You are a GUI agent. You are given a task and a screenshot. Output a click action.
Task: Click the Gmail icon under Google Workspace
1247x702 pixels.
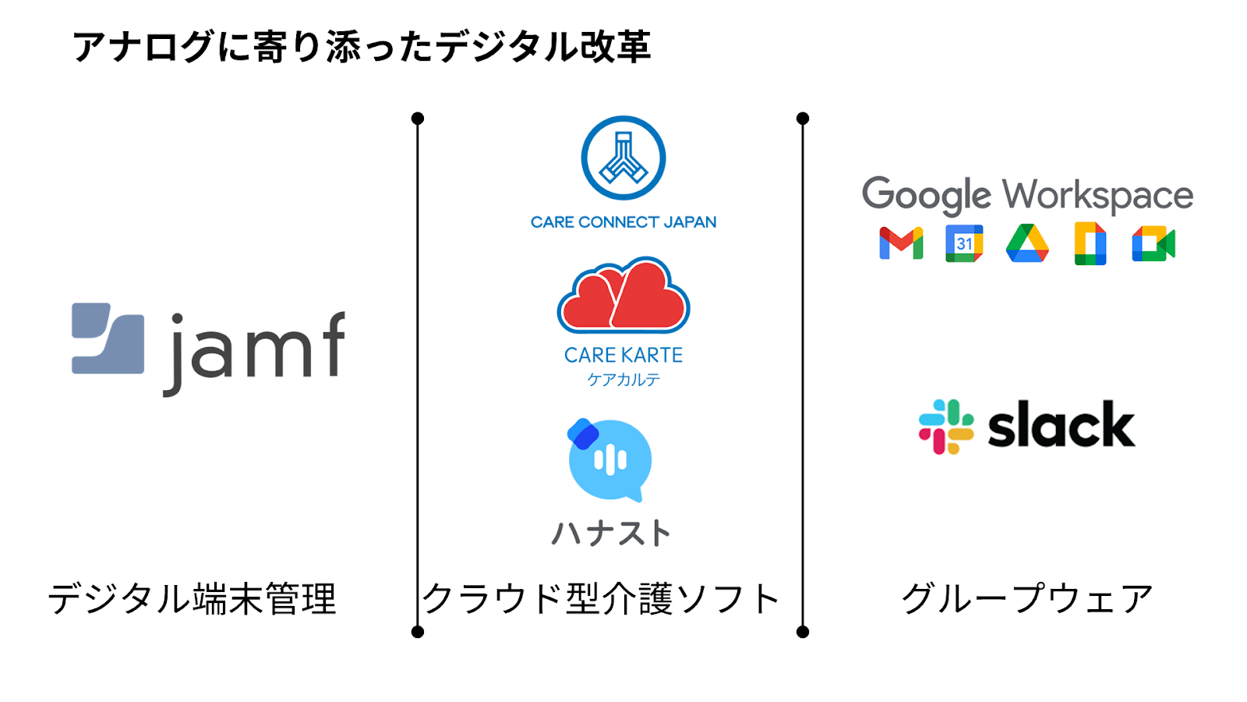tap(901, 243)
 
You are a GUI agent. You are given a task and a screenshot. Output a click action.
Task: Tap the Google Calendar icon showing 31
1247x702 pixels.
tap(964, 243)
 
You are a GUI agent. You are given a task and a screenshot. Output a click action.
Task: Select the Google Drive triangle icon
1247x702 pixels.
tap(1027, 243)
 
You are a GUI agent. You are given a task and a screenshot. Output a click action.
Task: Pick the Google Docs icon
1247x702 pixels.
tap(1090, 243)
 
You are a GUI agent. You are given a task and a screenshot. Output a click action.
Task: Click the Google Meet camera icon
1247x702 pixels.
tap(1153, 244)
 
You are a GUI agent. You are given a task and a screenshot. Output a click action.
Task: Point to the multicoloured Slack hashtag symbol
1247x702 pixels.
tap(946, 427)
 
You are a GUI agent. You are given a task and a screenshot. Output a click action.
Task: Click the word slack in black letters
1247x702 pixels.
tap(1061, 426)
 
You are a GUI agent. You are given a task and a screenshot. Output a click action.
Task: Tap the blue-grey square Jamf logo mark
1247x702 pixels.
tap(108, 339)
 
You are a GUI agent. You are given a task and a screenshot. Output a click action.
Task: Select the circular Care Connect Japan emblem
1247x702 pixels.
tap(623, 158)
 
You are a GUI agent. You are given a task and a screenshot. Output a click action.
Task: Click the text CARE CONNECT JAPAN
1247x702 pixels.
tap(623, 222)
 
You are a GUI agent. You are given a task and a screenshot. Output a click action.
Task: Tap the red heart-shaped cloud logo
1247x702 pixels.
tap(623, 296)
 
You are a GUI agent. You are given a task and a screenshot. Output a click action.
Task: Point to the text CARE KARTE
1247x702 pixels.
tap(623, 355)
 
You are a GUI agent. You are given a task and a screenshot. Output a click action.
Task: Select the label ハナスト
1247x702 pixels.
tap(610, 534)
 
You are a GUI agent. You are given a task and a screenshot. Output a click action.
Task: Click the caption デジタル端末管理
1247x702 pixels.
tap(192, 599)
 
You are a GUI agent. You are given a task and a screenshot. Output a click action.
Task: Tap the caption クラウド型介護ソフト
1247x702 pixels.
tap(601, 599)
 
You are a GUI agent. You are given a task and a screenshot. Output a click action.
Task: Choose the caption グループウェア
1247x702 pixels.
tap(1026, 599)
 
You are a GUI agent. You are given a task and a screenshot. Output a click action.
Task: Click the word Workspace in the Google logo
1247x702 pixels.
tap(1097, 195)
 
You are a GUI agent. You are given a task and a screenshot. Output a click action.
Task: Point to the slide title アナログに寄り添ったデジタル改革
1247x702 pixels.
tap(362, 47)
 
